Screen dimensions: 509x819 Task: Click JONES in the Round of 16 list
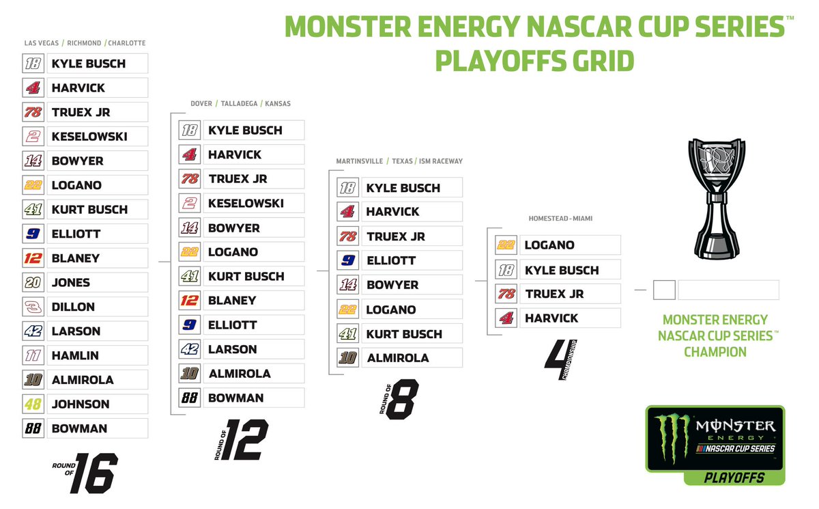pos(71,282)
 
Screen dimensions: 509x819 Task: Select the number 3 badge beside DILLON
pos(33,307)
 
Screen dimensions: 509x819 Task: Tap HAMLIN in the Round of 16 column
pos(75,355)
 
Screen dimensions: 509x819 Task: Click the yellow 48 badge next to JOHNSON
pos(33,404)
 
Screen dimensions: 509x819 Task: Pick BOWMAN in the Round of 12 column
pos(235,398)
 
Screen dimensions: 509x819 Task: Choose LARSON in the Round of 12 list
pos(232,349)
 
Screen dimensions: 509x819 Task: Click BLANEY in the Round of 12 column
pos(232,300)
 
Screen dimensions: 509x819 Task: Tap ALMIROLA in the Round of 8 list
pos(398,357)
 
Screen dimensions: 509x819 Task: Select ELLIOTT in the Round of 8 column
pos(390,260)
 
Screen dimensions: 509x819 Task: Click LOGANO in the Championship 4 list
pos(549,245)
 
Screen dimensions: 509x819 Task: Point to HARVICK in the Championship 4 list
pos(551,318)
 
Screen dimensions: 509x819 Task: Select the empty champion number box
pos(664,290)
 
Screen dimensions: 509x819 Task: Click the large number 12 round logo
pos(244,439)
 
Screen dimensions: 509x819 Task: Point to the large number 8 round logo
pos(402,399)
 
